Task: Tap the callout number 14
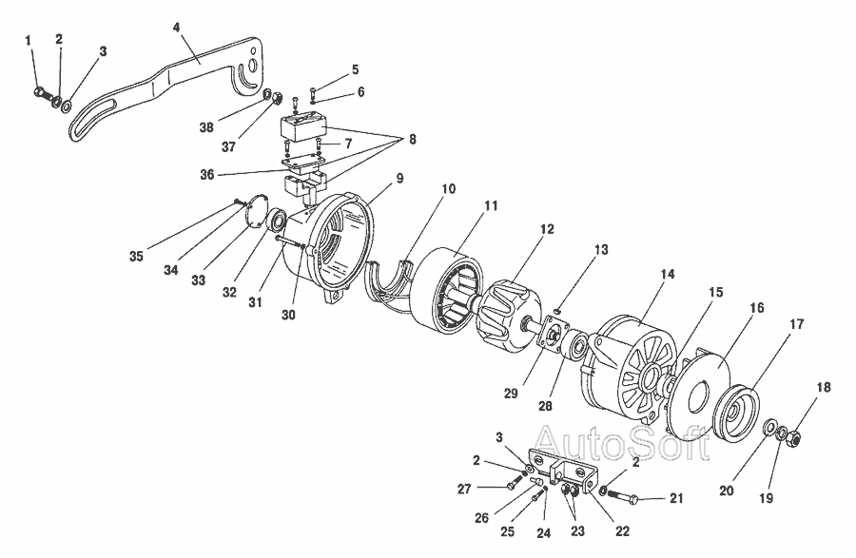click(668, 274)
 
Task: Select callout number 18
click(824, 388)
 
